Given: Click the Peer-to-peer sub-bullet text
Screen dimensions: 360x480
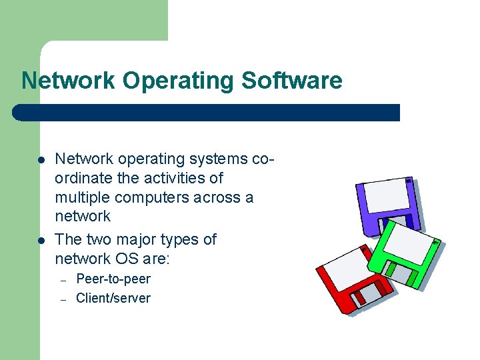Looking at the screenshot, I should (x=113, y=279).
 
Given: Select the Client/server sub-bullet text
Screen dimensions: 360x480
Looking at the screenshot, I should (x=113, y=298).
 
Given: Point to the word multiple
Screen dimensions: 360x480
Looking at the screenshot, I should (x=82, y=197).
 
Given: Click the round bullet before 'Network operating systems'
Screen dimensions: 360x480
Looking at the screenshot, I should (x=41, y=160).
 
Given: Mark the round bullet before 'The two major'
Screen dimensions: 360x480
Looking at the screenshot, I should (x=41, y=240).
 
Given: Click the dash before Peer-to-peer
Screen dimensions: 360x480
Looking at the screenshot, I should (x=63, y=280).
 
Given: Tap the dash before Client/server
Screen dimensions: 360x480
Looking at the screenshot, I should (x=63, y=299).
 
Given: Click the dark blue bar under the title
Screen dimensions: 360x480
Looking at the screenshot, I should (x=207, y=112).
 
